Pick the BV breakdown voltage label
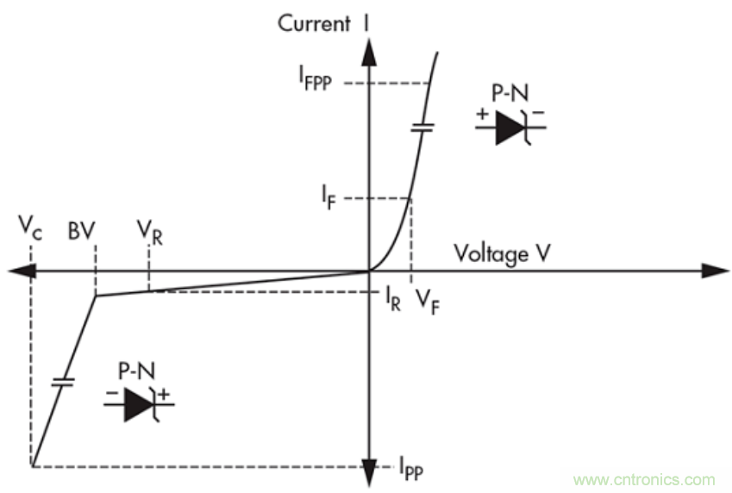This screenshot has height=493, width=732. click(x=82, y=231)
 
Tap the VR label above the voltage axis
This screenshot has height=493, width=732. click(x=149, y=231)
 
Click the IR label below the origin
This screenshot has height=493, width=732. click(x=392, y=302)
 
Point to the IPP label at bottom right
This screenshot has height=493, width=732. click(x=410, y=470)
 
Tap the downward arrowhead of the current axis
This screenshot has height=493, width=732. click(x=369, y=478)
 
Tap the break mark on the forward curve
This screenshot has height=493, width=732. click(x=422, y=127)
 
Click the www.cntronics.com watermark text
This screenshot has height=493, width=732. click(x=644, y=479)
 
